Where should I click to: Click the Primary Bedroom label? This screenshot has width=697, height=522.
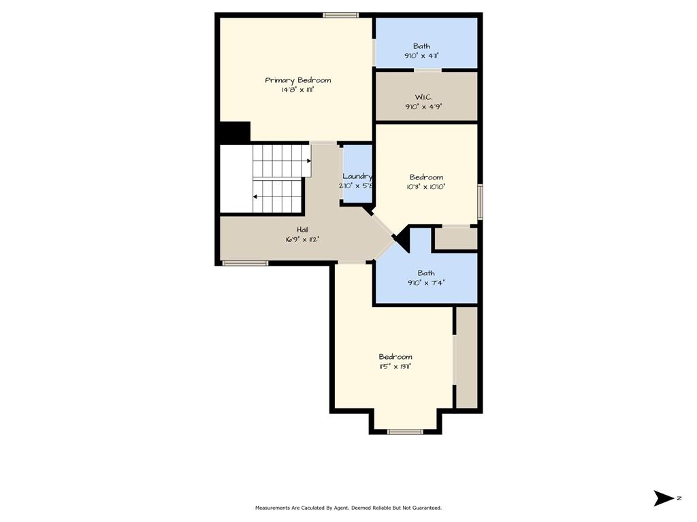click(298, 80)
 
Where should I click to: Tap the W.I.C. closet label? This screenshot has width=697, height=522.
click(423, 97)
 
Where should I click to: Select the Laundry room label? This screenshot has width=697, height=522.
click(357, 177)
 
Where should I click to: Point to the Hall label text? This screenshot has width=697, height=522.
click(302, 230)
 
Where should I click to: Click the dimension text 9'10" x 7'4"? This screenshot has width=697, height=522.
click(426, 283)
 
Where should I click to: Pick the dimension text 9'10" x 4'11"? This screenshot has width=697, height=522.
click(421, 56)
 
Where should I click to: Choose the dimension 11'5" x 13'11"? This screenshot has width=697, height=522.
click(395, 366)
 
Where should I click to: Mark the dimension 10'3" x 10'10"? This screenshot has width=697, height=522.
click(426, 186)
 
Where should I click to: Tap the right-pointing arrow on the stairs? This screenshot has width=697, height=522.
click(309, 161)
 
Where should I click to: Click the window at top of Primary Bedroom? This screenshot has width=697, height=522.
click(340, 15)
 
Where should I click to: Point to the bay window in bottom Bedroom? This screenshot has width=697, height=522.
click(405, 431)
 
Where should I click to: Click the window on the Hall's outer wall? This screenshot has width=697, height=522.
click(245, 263)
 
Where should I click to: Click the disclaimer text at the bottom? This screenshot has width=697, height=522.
click(348, 508)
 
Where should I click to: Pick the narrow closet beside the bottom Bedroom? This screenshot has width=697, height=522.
click(466, 357)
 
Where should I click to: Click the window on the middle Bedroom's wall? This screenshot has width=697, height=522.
click(480, 202)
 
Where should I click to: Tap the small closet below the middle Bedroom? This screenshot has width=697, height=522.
click(455, 239)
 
